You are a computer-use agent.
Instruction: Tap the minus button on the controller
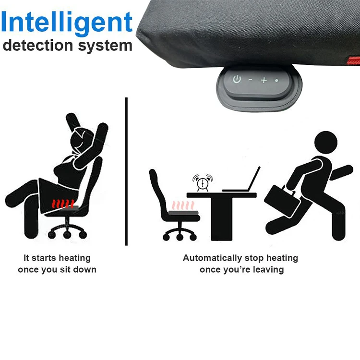250,80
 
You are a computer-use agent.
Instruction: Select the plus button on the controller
264,80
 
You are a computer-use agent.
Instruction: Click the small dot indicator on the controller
276,80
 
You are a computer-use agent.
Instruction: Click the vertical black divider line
126,170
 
